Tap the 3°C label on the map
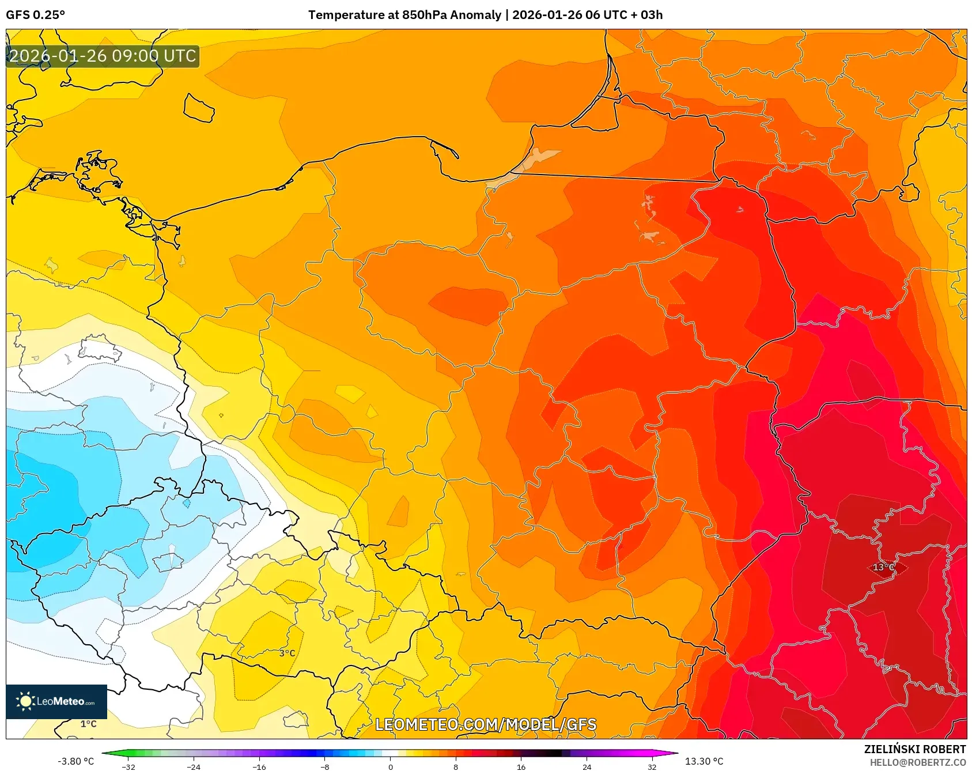point(287,653)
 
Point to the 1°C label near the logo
point(88,724)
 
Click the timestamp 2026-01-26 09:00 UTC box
point(103,56)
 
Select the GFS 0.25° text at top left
point(35,15)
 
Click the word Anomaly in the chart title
point(475,15)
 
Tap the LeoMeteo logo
point(56,701)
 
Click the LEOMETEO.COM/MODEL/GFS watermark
point(486,724)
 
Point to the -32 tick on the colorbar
point(128,767)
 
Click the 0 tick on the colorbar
point(391,767)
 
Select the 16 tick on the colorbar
point(521,767)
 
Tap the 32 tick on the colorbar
point(652,767)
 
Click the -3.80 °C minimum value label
point(75,761)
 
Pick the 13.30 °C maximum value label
point(704,761)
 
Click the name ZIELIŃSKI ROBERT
point(914,749)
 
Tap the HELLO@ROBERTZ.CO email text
point(917,762)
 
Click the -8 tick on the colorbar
point(325,767)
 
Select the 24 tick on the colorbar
point(587,767)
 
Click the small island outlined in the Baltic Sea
point(199,108)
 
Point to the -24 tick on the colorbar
point(194,767)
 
